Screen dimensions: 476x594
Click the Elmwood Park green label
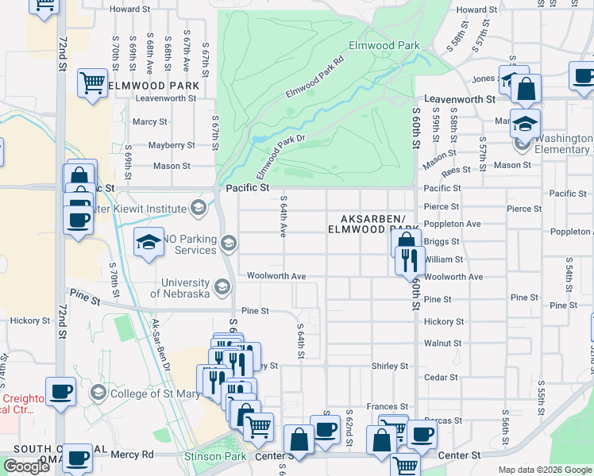[x=384, y=45]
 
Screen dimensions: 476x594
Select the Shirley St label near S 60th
[x=389, y=366]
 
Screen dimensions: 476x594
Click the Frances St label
[x=387, y=406]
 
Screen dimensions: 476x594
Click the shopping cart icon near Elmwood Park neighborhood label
[x=92, y=83]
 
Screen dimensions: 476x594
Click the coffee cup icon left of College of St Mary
[x=61, y=392]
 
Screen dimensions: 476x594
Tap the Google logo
[x=27, y=466]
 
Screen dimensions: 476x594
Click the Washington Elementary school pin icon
[x=523, y=144]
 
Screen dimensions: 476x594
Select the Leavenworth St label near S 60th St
[x=459, y=99]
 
